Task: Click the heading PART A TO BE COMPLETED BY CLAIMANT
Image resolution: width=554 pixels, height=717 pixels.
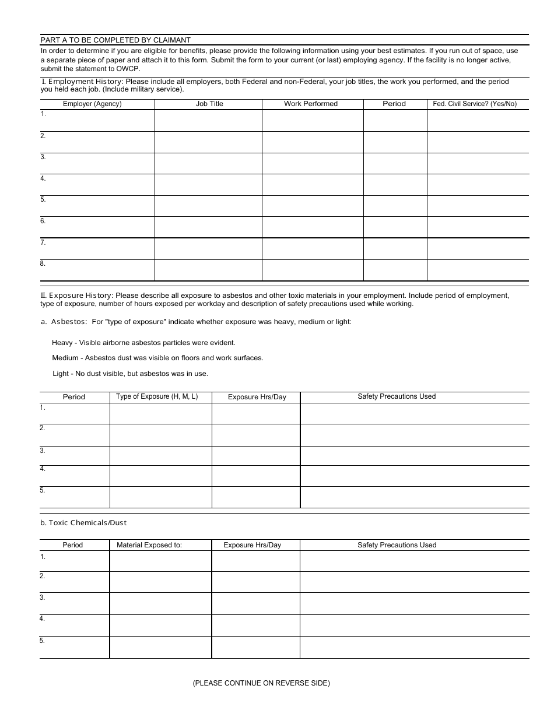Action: click(x=115, y=40)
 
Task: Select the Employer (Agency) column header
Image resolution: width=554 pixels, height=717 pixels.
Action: click(x=92, y=104)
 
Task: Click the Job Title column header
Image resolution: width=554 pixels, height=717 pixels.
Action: click(x=209, y=104)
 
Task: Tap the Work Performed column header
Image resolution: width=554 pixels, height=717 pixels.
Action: click(x=311, y=104)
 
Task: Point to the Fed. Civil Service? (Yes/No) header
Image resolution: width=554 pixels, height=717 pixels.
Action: click(x=475, y=104)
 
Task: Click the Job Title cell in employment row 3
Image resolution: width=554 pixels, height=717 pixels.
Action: click(x=208, y=163)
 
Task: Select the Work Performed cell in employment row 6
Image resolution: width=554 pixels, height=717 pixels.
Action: click(x=313, y=227)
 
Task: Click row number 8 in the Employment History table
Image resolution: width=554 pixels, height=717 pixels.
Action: click(x=43, y=263)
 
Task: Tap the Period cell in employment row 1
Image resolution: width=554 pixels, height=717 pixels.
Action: click(x=395, y=121)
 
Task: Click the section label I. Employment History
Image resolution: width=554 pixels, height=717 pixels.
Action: click(x=82, y=82)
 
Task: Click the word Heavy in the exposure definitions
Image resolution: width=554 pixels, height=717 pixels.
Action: click(x=62, y=343)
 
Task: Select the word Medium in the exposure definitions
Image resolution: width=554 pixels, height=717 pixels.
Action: click(x=65, y=358)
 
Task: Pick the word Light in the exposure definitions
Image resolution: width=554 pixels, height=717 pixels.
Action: click(x=61, y=374)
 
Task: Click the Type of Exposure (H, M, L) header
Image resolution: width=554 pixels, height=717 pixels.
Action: click(x=157, y=396)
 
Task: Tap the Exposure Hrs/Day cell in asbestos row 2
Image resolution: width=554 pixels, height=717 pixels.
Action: click(x=256, y=435)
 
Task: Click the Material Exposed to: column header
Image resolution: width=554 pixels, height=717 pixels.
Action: click(x=149, y=545)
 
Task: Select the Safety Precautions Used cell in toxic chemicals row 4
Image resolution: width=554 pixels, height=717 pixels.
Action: click(x=415, y=625)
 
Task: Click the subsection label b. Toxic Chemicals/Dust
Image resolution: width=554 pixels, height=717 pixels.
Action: click(x=83, y=523)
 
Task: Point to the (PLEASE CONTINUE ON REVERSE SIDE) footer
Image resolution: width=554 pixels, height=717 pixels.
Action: click(x=261, y=683)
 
